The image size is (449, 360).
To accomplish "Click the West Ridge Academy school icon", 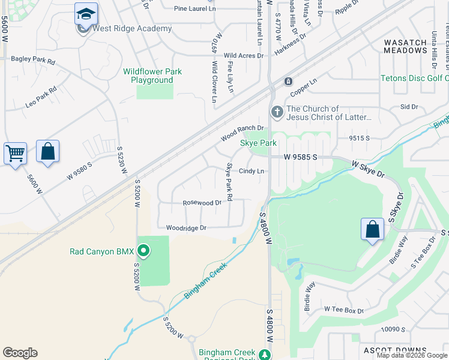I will (x=86, y=13).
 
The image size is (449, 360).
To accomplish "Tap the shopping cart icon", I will (x=15, y=153).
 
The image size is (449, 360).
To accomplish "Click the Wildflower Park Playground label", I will (x=152, y=76).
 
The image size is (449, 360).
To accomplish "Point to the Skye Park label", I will (x=258, y=143).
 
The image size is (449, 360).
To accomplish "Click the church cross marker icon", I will (x=277, y=111).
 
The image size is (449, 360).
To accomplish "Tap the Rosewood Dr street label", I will (x=202, y=203).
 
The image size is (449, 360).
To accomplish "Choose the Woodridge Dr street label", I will (x=186, y=228).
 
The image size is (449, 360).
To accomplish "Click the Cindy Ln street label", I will (x=252, y=171).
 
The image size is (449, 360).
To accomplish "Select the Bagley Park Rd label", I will (x=33, y=61).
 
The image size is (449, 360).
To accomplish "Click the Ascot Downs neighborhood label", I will (x=394, y=350).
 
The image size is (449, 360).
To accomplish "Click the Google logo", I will (x=20, y=353).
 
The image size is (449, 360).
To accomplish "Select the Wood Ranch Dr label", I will (x=242, y=133).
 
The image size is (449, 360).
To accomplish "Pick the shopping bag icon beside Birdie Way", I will (x=372, y=229).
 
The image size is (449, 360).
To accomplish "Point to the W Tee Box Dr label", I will (x=344, y=310).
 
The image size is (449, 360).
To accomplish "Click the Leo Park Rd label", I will (x=41, y=97).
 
